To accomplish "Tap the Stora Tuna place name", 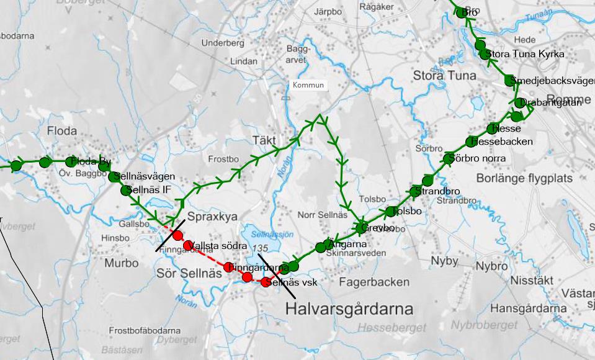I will (444, 76).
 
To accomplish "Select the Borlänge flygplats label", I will (524, 178).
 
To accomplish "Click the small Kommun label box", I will (308, 85).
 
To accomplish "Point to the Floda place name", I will (62, 131).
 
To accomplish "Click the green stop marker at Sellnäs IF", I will (127, 190).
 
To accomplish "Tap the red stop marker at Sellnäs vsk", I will (266, 282).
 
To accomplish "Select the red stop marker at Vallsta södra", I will (188, 245).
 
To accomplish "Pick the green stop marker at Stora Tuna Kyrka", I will (485, 55).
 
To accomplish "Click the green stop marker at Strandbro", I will (415, 192).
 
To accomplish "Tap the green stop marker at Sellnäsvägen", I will (114, 177).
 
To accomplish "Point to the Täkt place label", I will (264, 140).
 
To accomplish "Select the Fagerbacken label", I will (374, 282).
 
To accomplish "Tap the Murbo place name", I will (122, 263).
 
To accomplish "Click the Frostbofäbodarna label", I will (145, 330).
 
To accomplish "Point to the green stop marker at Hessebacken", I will (472, 142).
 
